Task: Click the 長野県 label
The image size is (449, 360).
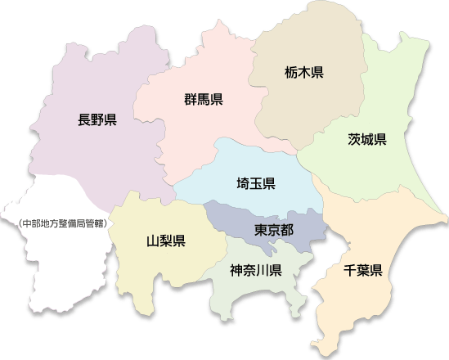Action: (97, 120)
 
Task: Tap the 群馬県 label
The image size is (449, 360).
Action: (204, 101)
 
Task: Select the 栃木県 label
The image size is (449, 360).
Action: (305, 72)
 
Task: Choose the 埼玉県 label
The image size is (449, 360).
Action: (255, 182)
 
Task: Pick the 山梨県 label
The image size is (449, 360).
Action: (165, 241)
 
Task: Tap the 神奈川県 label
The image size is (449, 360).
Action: (256, 269)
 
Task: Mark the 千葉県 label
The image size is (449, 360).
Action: (363, 270)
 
